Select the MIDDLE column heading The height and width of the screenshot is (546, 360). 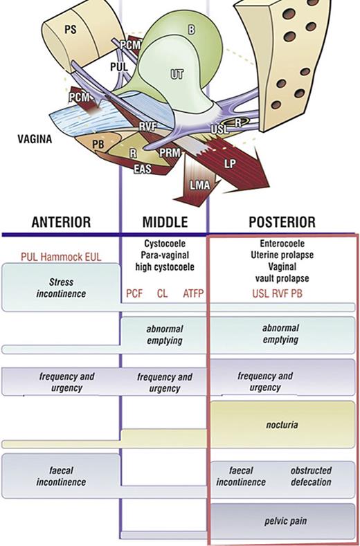coord(165,222)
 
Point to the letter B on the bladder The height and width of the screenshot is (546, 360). coord(191,30)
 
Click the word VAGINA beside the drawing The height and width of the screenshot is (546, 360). coord(35,138)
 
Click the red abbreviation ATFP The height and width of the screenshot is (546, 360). coord(194,294)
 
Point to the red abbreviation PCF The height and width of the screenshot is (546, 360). coord(134,294)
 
